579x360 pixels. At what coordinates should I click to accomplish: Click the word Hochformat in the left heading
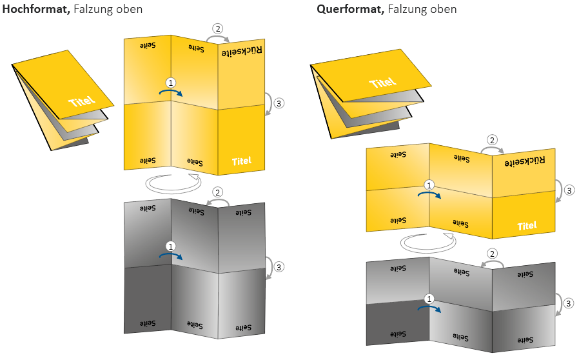(x=34, y=9)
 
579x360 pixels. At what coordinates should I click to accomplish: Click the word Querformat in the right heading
(x=348, y=9)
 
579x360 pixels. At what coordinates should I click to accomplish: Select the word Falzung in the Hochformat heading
(x=95, y=9)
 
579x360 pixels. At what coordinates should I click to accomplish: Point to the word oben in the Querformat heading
(x=444, y=9)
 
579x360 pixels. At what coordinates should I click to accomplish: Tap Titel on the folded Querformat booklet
(x=383, y=83)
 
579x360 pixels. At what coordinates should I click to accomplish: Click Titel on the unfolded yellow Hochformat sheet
(x=242, y=161)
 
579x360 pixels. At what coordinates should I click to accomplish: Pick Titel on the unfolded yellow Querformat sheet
(x=527, y=226)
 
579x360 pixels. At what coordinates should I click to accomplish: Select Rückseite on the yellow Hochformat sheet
(x=242, y=51)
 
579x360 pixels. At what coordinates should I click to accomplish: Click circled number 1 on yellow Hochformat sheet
(x=171, y=83)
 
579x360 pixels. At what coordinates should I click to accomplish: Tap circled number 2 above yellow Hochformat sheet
(x=218, y=28)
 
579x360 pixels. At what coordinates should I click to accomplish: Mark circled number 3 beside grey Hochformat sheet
(x=279, y=266)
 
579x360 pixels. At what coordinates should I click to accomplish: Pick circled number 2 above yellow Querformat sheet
(x=493, y=140)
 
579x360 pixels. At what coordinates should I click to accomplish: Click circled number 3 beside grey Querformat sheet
(x=569, y=303)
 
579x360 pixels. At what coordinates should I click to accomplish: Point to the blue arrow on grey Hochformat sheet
(x=172, y=256)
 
